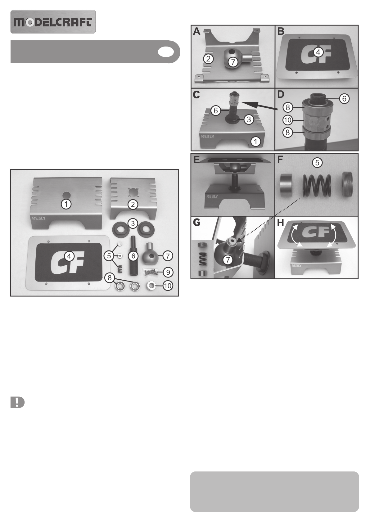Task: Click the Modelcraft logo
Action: [53, 22]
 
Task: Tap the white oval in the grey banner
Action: [166, 52]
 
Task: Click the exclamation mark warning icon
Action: [17, 402]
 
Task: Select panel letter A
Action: [196, 31]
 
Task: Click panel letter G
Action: [197, 223]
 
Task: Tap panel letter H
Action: [280, 223]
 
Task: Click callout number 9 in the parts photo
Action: [168, 272]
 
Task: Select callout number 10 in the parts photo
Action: [168, 286]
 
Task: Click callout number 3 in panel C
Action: [249, 119]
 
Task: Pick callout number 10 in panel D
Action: [288, 120]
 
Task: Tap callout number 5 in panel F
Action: [317, 162]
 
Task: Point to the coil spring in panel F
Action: [317, 185]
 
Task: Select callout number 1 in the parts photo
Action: [66, 204]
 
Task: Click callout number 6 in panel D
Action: [344, 98]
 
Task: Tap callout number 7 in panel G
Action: [228, 260]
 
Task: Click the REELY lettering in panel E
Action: [212, 196]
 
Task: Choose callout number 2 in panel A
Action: [209, 59]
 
